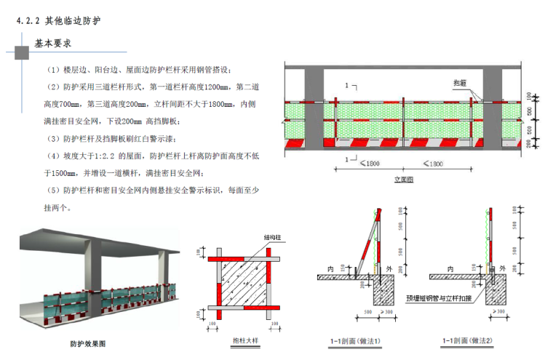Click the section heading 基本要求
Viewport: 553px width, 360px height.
point(52,44)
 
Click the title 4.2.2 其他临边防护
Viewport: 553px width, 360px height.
point(58,20)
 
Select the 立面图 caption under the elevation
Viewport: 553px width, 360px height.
point(404,179)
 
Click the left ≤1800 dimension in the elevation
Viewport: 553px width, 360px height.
point(372,164)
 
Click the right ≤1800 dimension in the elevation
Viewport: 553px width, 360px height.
point(433,164)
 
